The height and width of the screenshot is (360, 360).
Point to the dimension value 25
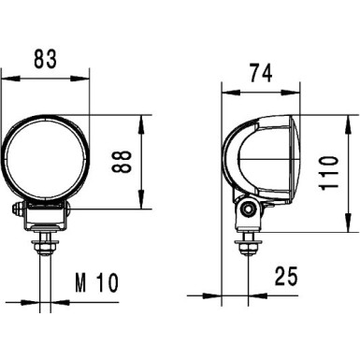coord(288,276)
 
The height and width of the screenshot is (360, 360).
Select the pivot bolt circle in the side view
coord(248,211)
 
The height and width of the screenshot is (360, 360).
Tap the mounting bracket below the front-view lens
coord(46,217)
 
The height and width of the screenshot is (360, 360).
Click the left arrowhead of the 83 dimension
coord(7,72)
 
